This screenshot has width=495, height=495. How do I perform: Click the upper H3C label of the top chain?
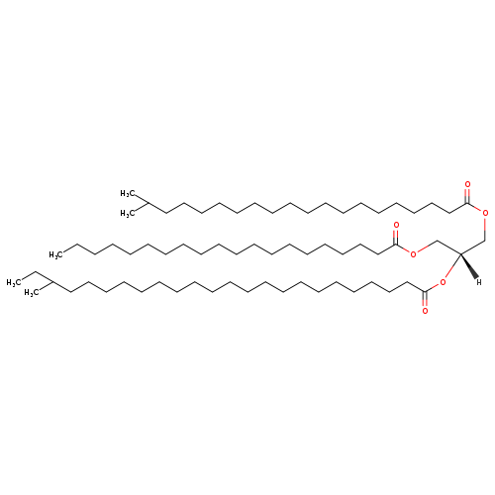point(128,193)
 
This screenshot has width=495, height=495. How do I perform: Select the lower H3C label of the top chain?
point(128,214)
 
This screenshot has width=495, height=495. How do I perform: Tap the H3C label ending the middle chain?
point(56,254)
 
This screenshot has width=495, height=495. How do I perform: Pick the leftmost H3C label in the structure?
point(14,282)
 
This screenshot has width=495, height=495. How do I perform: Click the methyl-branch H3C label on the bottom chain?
point(32,293)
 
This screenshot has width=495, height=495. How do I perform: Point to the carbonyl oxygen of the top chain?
point(467,184)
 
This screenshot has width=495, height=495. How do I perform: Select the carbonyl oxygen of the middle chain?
point(396,226)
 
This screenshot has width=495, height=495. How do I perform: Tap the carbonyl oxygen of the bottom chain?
point(425,311)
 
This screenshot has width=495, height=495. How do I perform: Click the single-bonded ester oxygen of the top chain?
point(485,213)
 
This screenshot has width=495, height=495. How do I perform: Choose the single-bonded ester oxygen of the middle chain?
point(413,254)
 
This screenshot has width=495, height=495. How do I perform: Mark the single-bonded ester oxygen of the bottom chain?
point(443,282)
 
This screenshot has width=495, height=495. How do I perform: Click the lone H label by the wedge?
point(479,282)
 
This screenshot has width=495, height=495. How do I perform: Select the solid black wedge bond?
point(468,266)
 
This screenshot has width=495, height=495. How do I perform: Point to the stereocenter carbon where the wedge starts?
point(460,253)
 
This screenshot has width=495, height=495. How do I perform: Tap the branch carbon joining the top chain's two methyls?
point(148,204)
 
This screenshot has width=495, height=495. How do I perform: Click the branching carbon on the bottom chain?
point(52,282)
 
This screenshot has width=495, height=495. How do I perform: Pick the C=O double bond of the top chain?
point(467,195)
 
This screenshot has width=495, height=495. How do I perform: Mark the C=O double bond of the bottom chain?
point(425,300)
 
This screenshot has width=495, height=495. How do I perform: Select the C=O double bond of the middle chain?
point(396,237)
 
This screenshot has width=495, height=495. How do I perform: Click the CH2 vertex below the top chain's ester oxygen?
point(485,240)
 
